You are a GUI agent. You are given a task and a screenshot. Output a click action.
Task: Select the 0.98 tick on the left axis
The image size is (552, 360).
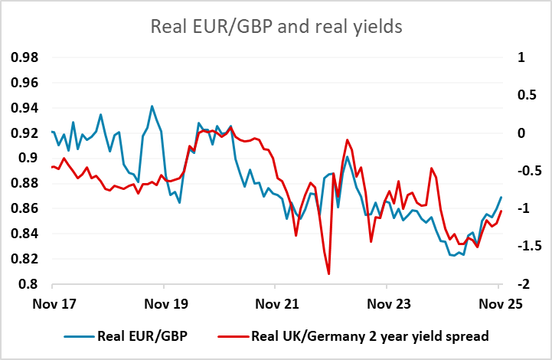(x=26, y=57)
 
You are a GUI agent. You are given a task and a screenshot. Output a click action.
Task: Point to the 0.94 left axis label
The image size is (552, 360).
(x=26, y=108)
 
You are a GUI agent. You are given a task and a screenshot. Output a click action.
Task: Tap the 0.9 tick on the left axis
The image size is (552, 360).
(x=30, y=159)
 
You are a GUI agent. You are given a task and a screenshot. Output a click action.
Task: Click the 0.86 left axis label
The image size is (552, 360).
(x=26, y=208)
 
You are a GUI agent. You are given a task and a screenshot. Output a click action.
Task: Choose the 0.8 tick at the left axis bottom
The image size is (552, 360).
(x=30, y=284)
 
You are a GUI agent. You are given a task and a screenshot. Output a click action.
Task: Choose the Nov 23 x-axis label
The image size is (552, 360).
(x=389, y=303)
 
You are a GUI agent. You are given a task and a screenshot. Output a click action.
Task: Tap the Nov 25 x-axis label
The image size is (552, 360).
(x=500, y=303)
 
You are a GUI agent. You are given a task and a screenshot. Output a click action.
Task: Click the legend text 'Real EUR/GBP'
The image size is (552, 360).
(x=142, y=335)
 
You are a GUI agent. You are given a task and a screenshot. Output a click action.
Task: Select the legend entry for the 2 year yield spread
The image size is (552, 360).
(x=371, y=335)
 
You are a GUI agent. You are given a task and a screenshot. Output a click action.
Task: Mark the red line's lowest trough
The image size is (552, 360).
(x=328, y=273)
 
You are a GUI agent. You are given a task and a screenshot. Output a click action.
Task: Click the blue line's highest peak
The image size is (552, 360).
(x=152, y=106)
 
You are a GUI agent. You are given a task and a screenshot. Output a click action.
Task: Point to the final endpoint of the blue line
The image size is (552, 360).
(x=501, y=197)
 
